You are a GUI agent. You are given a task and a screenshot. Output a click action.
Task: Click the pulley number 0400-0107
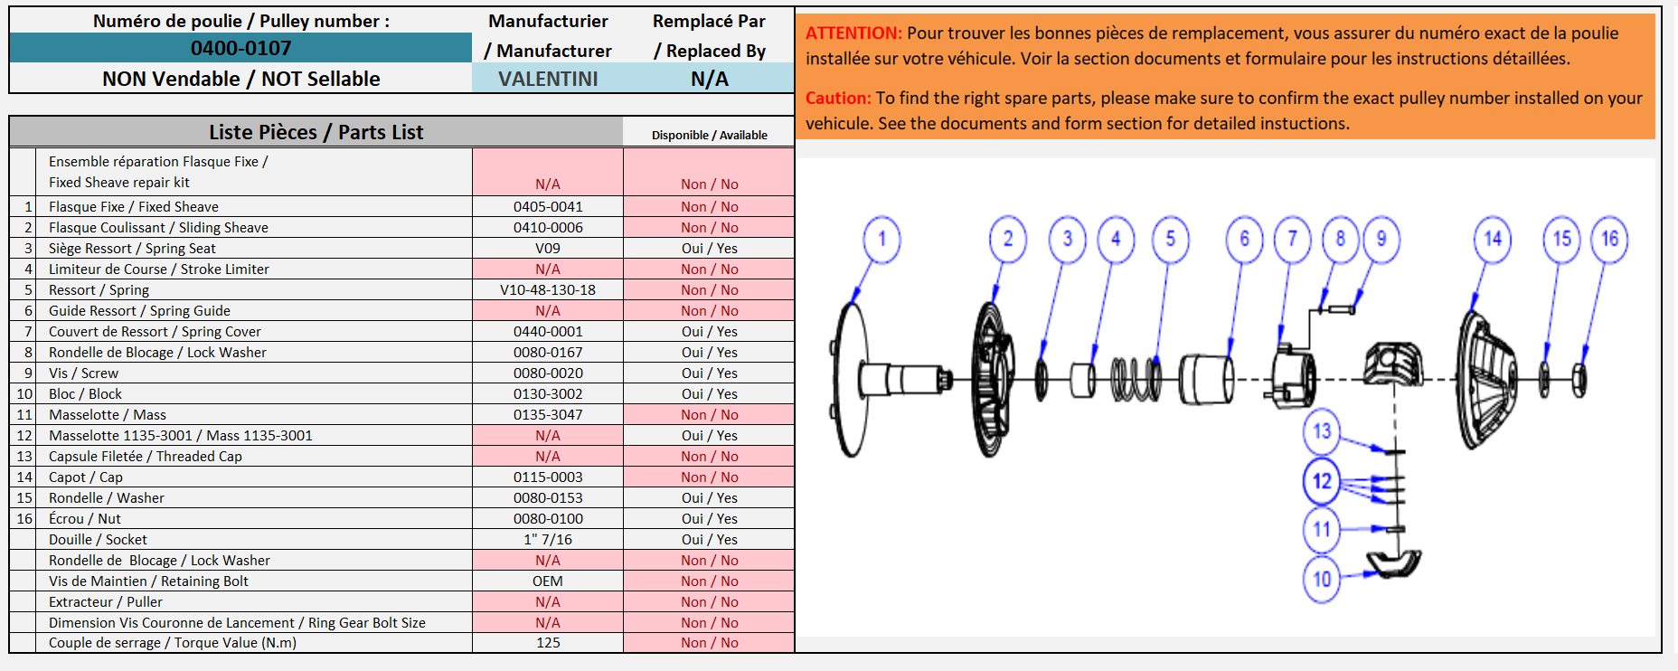click(240, 48)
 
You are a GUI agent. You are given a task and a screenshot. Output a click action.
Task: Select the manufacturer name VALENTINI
click(548, 79)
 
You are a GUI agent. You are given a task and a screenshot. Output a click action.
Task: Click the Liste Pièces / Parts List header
click(316, 132)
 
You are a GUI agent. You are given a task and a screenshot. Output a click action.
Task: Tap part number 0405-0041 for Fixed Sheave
click(548, 206)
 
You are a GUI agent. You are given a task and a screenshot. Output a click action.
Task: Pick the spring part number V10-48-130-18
click(548, 289)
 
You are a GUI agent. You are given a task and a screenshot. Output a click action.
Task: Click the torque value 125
click(548, 642)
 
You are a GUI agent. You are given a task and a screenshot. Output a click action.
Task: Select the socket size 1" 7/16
click(548, 539)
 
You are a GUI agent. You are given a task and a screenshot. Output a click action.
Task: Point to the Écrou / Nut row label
click(85, 518)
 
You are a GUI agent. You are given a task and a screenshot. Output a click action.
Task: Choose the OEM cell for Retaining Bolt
click(548, 581)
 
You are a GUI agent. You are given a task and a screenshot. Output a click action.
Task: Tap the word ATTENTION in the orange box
click(853, 33)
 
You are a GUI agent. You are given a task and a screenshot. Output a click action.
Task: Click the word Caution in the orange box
click(838, 98)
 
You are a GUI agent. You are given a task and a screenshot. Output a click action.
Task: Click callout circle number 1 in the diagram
click(881, 240)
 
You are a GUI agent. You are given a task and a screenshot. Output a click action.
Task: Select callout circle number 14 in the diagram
click(1493, 240)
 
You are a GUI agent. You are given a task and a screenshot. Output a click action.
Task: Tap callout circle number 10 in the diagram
click(1322, 579)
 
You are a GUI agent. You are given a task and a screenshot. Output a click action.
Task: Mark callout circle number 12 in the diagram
click(1322, 481)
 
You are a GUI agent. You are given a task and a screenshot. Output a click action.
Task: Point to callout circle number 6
click(1244, 240)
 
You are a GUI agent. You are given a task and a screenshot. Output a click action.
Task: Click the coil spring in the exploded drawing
click(1136, 379)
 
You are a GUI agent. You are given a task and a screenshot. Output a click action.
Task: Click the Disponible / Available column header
click(710, 135)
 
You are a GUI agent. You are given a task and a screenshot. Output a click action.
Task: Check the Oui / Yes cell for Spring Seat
click(710, 248)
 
